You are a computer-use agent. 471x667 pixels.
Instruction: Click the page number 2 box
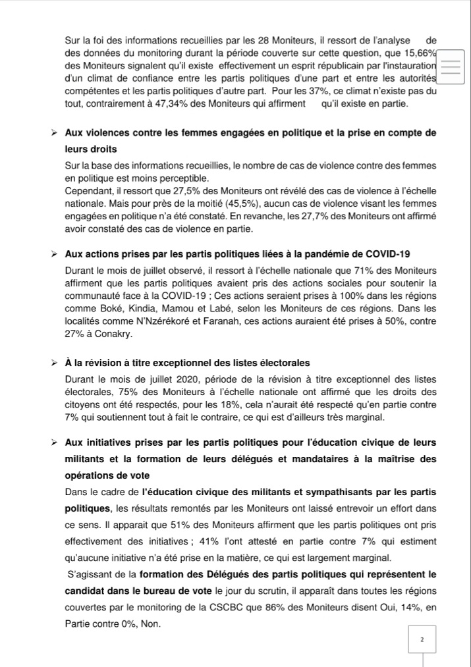tap(422, 638)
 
